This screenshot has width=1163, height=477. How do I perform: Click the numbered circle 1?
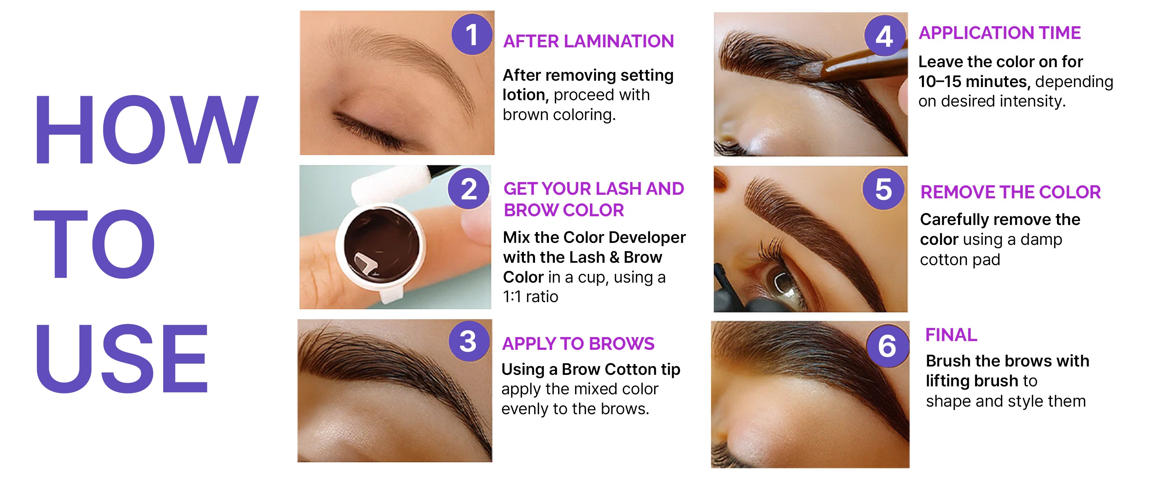(x=472, y=34)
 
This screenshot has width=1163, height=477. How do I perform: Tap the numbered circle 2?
(x=469, y=188)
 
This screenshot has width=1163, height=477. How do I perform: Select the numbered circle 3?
(x=469, y=341)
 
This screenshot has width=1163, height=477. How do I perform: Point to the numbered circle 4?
(x=885, y=36)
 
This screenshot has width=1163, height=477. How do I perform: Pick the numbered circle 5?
(x=883, y=189)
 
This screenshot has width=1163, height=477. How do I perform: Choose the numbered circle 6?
(x=887, y=346)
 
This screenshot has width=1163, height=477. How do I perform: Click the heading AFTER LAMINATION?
(x=588, y=41)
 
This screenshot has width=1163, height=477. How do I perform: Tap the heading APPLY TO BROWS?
(x=578, y=344)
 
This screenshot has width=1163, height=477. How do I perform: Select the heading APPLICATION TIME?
(x=1000, y=33)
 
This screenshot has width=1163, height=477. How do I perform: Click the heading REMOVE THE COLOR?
(x=1010, y=192)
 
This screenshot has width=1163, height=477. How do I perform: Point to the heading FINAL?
(x=951, y=335)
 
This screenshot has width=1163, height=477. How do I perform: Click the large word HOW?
(x=146, y=130)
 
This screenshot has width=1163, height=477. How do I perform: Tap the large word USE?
(x=122, y=358)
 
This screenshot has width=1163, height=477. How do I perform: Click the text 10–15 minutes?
(x=974, y=81)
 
